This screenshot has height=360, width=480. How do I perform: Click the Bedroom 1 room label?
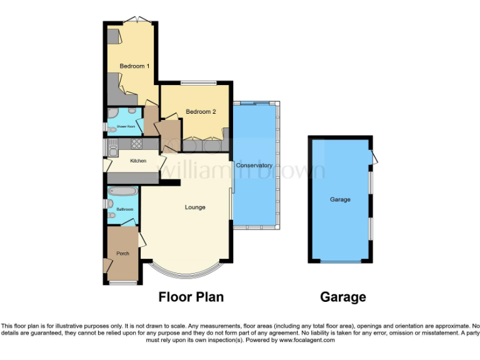134,66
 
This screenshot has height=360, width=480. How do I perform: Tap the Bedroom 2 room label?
201,112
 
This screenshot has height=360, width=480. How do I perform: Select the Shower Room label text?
126,126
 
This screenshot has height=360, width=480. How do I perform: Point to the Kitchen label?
138,161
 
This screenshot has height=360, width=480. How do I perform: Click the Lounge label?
195,207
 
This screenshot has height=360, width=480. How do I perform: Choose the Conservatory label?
255,166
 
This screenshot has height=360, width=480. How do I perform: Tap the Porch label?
122,253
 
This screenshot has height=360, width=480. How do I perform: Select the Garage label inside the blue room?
340,199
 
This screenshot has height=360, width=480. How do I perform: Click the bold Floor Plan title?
191,297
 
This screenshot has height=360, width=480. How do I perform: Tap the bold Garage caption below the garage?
342,297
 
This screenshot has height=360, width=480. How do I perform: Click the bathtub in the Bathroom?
120,191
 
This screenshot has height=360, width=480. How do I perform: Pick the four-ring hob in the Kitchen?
136,143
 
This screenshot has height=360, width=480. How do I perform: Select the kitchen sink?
112,149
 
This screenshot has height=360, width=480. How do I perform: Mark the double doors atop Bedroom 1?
133,20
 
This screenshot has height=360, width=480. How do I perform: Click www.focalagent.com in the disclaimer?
306,341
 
